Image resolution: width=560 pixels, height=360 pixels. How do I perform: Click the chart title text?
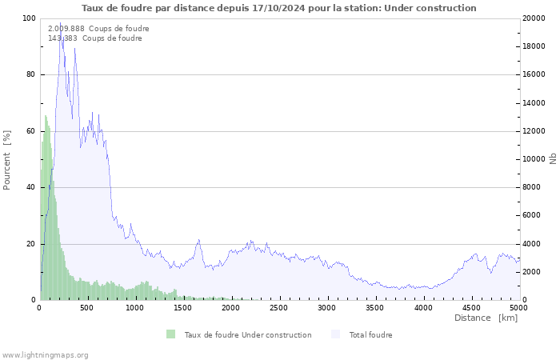coord(279,8)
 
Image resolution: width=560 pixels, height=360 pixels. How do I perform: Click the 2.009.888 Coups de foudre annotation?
coord(98,29)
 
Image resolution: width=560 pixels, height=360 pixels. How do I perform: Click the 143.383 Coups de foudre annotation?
coord(95,38)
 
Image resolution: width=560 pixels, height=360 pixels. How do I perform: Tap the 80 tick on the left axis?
coord(31,74)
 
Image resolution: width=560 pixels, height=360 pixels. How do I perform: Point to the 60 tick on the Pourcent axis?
coord(31,131)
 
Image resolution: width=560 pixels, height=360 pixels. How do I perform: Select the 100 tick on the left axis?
coord(29,18)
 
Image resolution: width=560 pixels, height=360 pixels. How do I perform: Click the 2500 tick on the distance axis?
coord(279,307)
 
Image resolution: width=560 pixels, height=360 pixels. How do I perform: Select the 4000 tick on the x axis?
coord(423,307)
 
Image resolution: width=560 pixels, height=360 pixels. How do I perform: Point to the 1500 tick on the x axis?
coord(183,307)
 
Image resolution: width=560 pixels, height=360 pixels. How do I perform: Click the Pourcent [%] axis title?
coord(7,159)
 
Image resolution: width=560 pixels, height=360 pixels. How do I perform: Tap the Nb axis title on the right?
coord(553,159)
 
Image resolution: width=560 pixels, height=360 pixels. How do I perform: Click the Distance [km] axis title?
coord(486,318)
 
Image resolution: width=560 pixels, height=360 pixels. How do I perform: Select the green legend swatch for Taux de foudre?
coord(170,334)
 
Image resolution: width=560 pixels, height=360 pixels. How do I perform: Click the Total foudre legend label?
coord(370,334)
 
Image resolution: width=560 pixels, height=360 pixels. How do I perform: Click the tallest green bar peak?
coord(46,116)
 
